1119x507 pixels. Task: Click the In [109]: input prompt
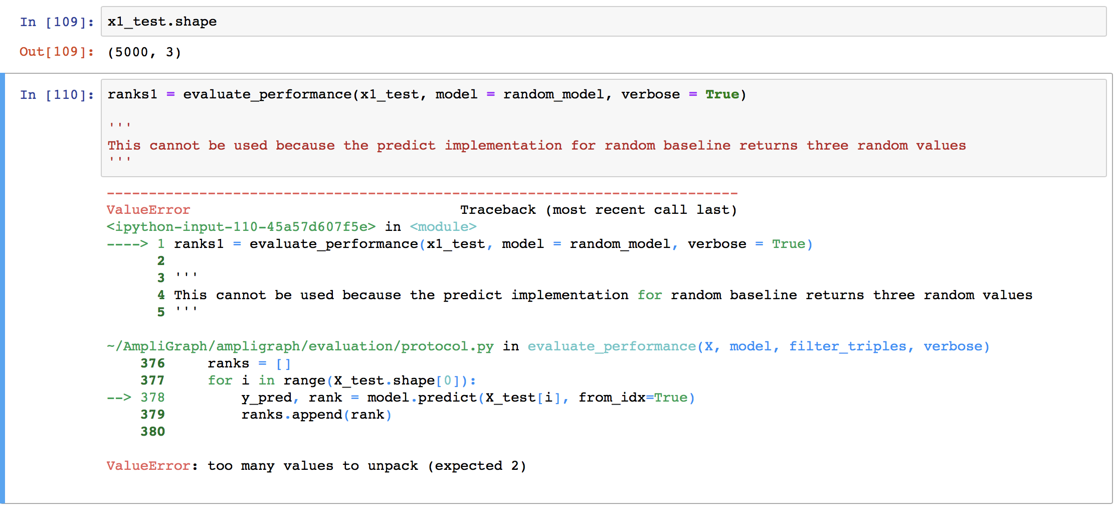57,22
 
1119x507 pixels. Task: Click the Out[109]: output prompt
57,52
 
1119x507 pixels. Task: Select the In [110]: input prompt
57,95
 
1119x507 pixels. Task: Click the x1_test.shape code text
162,22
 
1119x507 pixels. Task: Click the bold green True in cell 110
722,94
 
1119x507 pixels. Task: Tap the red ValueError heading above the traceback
148,210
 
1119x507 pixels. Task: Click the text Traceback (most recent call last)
598,210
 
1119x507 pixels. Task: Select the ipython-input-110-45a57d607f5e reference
241,227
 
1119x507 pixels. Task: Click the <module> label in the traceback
443,227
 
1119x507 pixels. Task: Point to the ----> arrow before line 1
127,244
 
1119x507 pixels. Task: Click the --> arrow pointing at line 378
119,398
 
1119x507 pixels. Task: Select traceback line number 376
152,363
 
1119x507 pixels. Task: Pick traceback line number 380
152,432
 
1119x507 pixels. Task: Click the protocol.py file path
300,346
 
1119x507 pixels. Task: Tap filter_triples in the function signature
848,346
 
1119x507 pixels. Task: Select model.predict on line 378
422,398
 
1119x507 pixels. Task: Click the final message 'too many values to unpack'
312,466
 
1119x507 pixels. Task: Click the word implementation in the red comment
503,146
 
